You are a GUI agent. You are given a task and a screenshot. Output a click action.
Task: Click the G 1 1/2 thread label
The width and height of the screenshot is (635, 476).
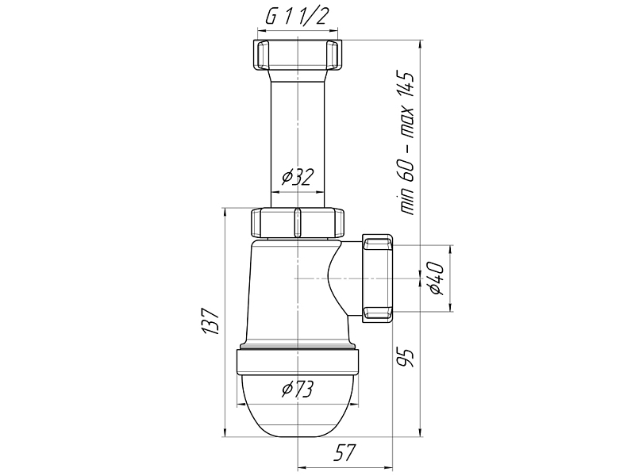296,17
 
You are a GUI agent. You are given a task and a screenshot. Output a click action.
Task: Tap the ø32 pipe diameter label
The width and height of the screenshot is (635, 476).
298,177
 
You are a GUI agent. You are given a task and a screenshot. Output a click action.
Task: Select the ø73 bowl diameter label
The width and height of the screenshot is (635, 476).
298,389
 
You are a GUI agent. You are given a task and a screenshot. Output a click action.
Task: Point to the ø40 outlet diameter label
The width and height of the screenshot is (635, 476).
436,278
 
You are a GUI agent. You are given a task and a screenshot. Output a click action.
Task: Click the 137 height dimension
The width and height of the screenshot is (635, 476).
211,322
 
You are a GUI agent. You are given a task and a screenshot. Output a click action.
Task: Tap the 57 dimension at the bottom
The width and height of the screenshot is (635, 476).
344,452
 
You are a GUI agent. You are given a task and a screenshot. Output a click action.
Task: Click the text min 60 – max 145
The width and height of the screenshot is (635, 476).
406,144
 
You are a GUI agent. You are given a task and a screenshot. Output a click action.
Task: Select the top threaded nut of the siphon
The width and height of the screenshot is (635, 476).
298,56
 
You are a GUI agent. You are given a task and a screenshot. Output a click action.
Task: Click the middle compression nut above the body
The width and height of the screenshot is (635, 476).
298,222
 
